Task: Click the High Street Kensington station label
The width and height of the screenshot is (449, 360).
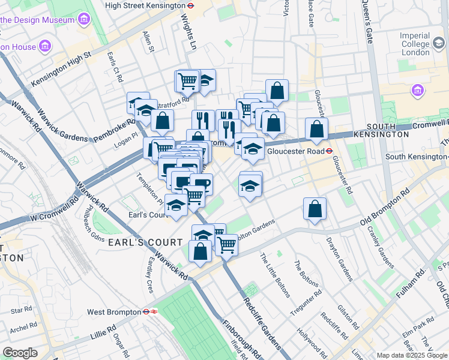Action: (x=145, y=5)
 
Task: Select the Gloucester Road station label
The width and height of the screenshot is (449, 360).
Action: (x=295, y=151)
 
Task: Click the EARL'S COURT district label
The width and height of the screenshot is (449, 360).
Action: (x=143, y=242)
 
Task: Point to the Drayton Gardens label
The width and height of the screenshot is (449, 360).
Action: (x=339, y=259)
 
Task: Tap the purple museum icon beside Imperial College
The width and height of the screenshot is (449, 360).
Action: (x=418, y=91)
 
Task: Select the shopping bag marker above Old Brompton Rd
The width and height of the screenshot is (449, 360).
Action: (x=315, y=209)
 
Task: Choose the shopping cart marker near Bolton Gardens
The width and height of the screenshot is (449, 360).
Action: (x=227, y=244)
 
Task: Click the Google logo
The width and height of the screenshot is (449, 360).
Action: (x=20, y=353)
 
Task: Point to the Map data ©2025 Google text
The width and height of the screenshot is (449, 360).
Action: (x=412, y=355)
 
